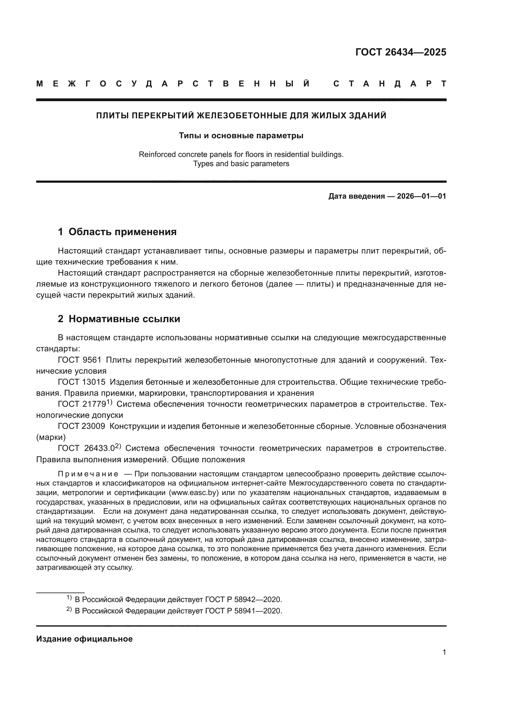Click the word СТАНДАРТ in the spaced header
(x=390, y=84)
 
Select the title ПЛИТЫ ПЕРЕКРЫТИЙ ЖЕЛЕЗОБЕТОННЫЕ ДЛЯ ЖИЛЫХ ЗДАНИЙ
(x=241, y=116)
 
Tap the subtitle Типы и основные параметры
(x=241, y=135)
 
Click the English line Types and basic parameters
(x=241, y=164)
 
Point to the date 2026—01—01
(x=421, y=196)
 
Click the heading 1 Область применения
(x=117, y=232)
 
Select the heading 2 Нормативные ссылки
(x=119, y=319)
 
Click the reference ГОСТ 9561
(x=80, y=360)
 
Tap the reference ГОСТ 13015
(x=82, y=382)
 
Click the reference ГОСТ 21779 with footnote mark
(x=84, y=404)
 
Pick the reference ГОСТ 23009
(x=82, y=426)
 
